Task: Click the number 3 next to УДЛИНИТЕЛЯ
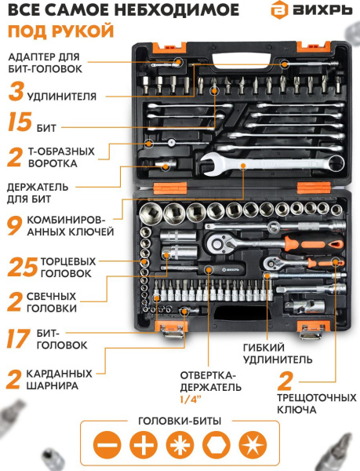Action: pyautogui.click(x=15, y=95)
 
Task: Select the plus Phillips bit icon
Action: pyautogui.click(x=144, y=445)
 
